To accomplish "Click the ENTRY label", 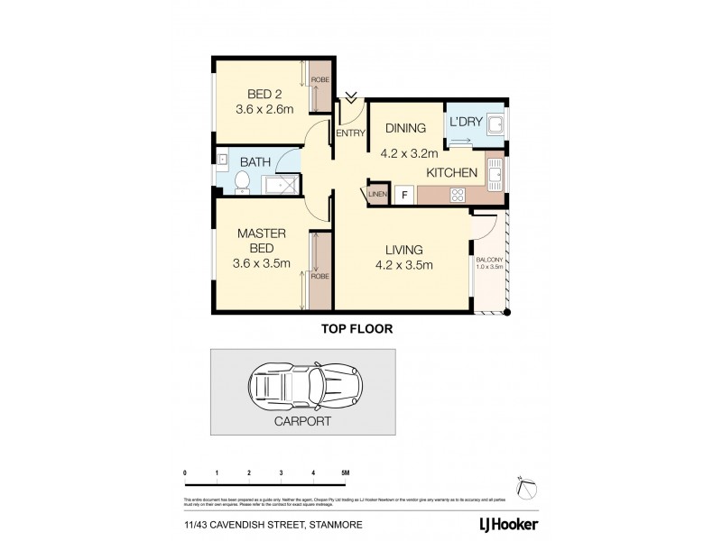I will pos(350,133).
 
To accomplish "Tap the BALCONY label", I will pos(491,263).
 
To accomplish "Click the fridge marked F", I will pos(403,194).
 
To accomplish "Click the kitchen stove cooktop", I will pos(457,193).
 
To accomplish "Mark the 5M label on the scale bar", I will pos(345,472).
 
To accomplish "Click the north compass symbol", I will pos(524,487).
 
